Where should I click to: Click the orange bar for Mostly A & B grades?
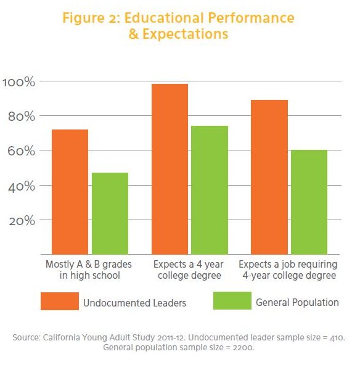click(x=70, y=192)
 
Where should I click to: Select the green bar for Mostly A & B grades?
click(x=110, y=213)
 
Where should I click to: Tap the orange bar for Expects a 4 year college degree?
click(x=170, y=169)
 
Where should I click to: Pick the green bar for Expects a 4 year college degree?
click(x=210, y=190)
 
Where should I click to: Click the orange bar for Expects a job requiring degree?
click(x=269, y=177)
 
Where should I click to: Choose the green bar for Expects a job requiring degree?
click(x=309, y=202)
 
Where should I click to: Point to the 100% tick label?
click(x=19, y=82)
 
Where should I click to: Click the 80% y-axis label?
click(x=22, y=117)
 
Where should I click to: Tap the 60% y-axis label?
click(x=22, y=151)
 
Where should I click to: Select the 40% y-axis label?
click(x=22, y=187)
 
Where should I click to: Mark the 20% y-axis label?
click(x=22, y=221)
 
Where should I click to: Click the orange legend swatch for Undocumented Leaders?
click(x=60, y=301)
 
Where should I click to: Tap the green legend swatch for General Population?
click(x=232, y=301)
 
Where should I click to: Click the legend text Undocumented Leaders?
click(x=135, y=303)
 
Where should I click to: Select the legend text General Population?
click(x=297, y=303)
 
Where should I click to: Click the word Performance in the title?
click(x=251, y=18)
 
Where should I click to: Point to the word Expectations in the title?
click(x=186, y=34)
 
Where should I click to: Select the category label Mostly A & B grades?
click(x=89, y=265)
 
